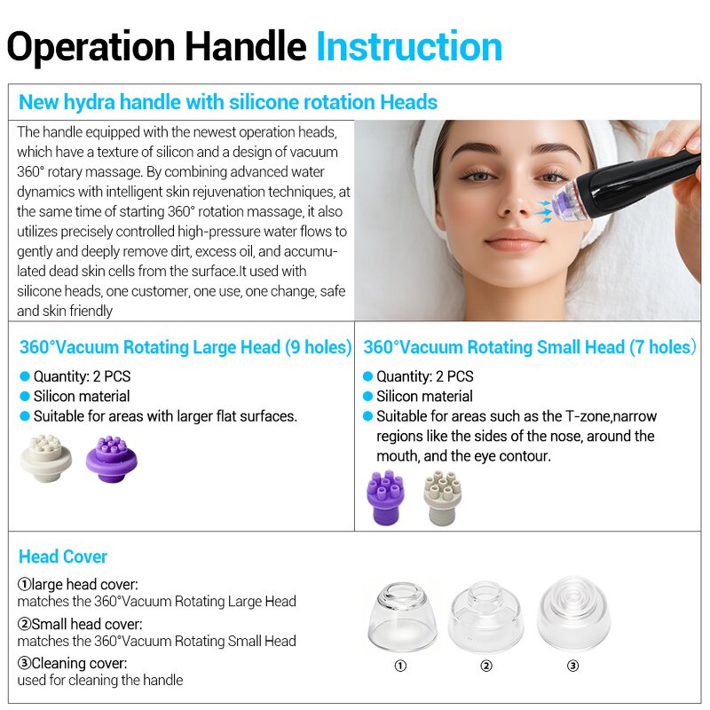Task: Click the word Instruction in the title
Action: point(409,46)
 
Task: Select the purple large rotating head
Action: point(111,460)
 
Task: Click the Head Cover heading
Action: point(63,556)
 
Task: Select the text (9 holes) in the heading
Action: point(318,347)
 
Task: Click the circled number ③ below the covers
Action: point(572,666)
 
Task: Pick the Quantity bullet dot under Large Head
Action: point(25,376)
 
